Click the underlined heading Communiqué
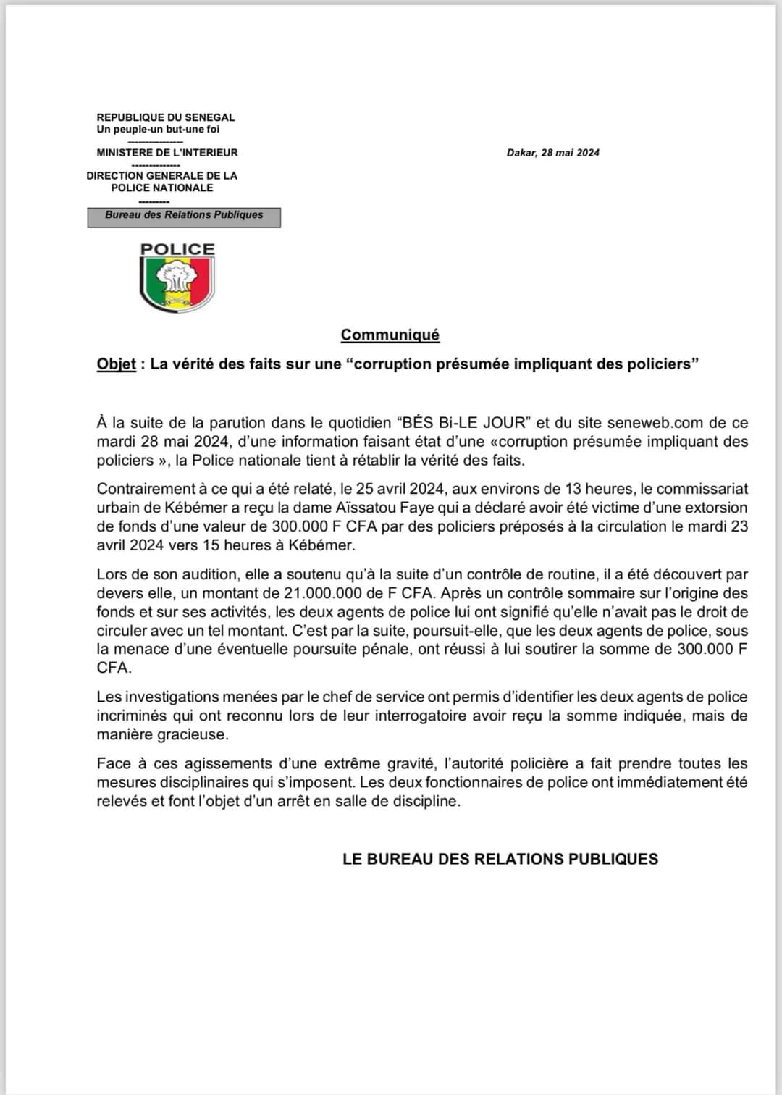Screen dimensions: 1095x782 point(390,335)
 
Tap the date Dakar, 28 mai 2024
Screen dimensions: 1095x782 point(552,153)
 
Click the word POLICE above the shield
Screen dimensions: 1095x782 point(177,249)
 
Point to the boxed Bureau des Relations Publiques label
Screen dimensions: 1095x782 point(184,215)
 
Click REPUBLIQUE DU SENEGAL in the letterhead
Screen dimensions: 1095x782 point(166,117)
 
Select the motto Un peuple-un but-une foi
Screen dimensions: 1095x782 point(158,130)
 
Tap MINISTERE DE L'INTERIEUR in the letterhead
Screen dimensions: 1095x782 point(167,153)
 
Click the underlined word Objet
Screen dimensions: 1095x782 point(116,364)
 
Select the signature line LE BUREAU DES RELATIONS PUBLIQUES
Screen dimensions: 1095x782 point(500,859)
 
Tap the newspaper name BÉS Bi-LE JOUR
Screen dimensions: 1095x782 point(463,422)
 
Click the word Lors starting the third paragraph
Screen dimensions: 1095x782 point(112,574)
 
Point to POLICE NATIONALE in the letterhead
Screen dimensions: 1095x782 point(162,188)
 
